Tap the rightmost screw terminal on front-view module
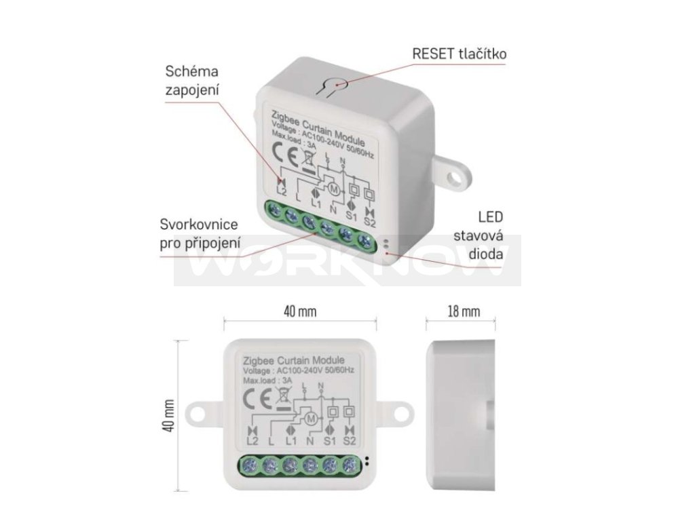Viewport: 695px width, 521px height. (350, 465)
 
